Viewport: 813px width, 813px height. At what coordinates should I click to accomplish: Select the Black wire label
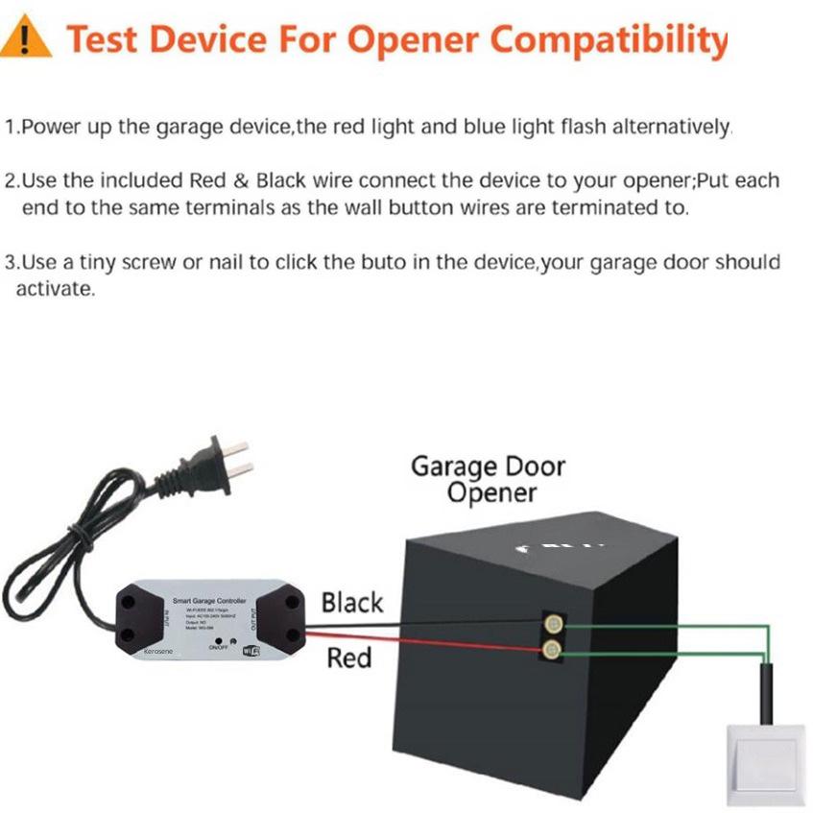pyautogui.click(x=352, y=603)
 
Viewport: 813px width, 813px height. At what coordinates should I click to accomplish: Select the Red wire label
pyautogui.click(x=348, y=658)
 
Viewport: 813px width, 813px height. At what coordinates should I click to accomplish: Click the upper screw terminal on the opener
pyautogui.click(x=552, y=623)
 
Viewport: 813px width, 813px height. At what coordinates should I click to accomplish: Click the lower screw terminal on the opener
pyautogui.click(x=552, y=651)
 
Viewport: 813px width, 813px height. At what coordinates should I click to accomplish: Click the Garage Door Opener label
pyautogui.click(x=488, y=479)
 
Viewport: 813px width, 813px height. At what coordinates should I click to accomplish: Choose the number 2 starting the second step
pyautogui.click(x=11, y=181)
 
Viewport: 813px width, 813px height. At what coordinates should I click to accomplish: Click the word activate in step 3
pyautogui.click(x=54, y=290)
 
